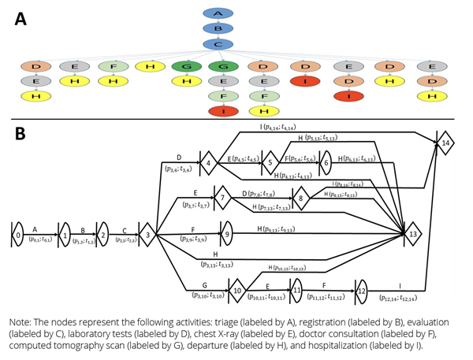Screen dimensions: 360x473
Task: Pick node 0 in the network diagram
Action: [x=17, y=234]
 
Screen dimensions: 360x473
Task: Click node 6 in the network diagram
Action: [x=326, y=165]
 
